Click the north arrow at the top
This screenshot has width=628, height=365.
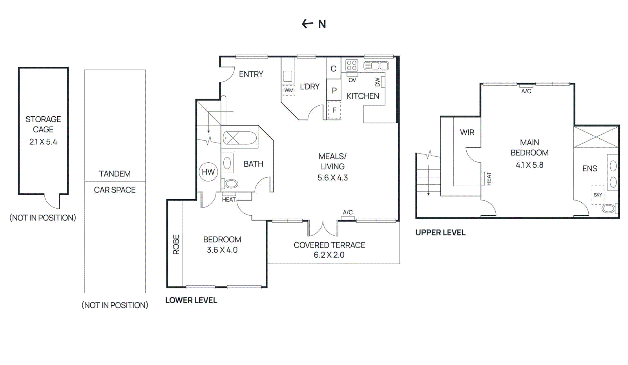(307, 24)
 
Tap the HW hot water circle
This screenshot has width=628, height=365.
(208, 172)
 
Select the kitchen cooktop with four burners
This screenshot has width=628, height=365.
(352, 66)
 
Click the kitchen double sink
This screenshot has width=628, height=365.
(376, 66)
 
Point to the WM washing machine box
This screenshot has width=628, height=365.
(289, 90)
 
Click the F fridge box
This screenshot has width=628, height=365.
(334, 110)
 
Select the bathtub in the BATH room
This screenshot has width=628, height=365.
(240, 138)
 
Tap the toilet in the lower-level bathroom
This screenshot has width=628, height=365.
(230, 184)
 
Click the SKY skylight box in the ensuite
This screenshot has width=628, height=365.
(598, 195)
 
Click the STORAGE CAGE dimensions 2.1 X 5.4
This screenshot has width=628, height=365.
(43, 142)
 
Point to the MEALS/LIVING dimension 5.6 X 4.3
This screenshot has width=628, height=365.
(332, 178)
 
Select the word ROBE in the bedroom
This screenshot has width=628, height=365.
(176, 245)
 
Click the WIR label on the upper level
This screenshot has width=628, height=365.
(467, 132)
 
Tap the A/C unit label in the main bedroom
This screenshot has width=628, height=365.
(526, 91)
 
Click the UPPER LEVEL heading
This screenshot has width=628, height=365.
(440, 233)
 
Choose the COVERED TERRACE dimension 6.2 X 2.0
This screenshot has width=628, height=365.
(329, 255)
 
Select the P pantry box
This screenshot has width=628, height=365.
(334, 90)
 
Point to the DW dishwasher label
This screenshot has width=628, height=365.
(377, 82)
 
